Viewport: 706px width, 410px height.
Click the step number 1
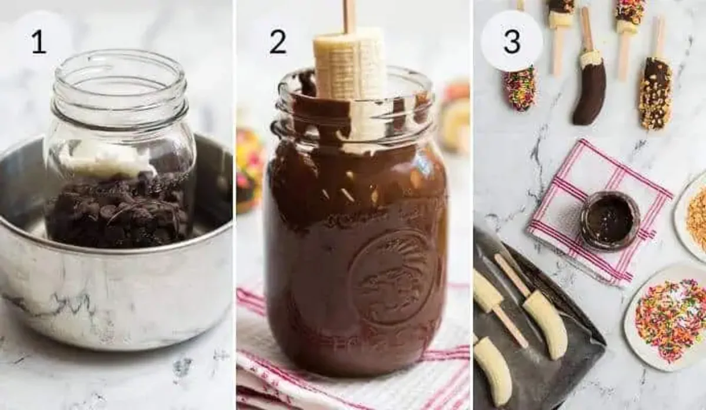39,42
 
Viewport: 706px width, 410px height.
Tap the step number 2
278,42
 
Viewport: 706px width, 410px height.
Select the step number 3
511,42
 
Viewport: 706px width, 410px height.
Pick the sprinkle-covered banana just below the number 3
520,88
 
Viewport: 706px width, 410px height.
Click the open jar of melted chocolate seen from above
610,220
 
